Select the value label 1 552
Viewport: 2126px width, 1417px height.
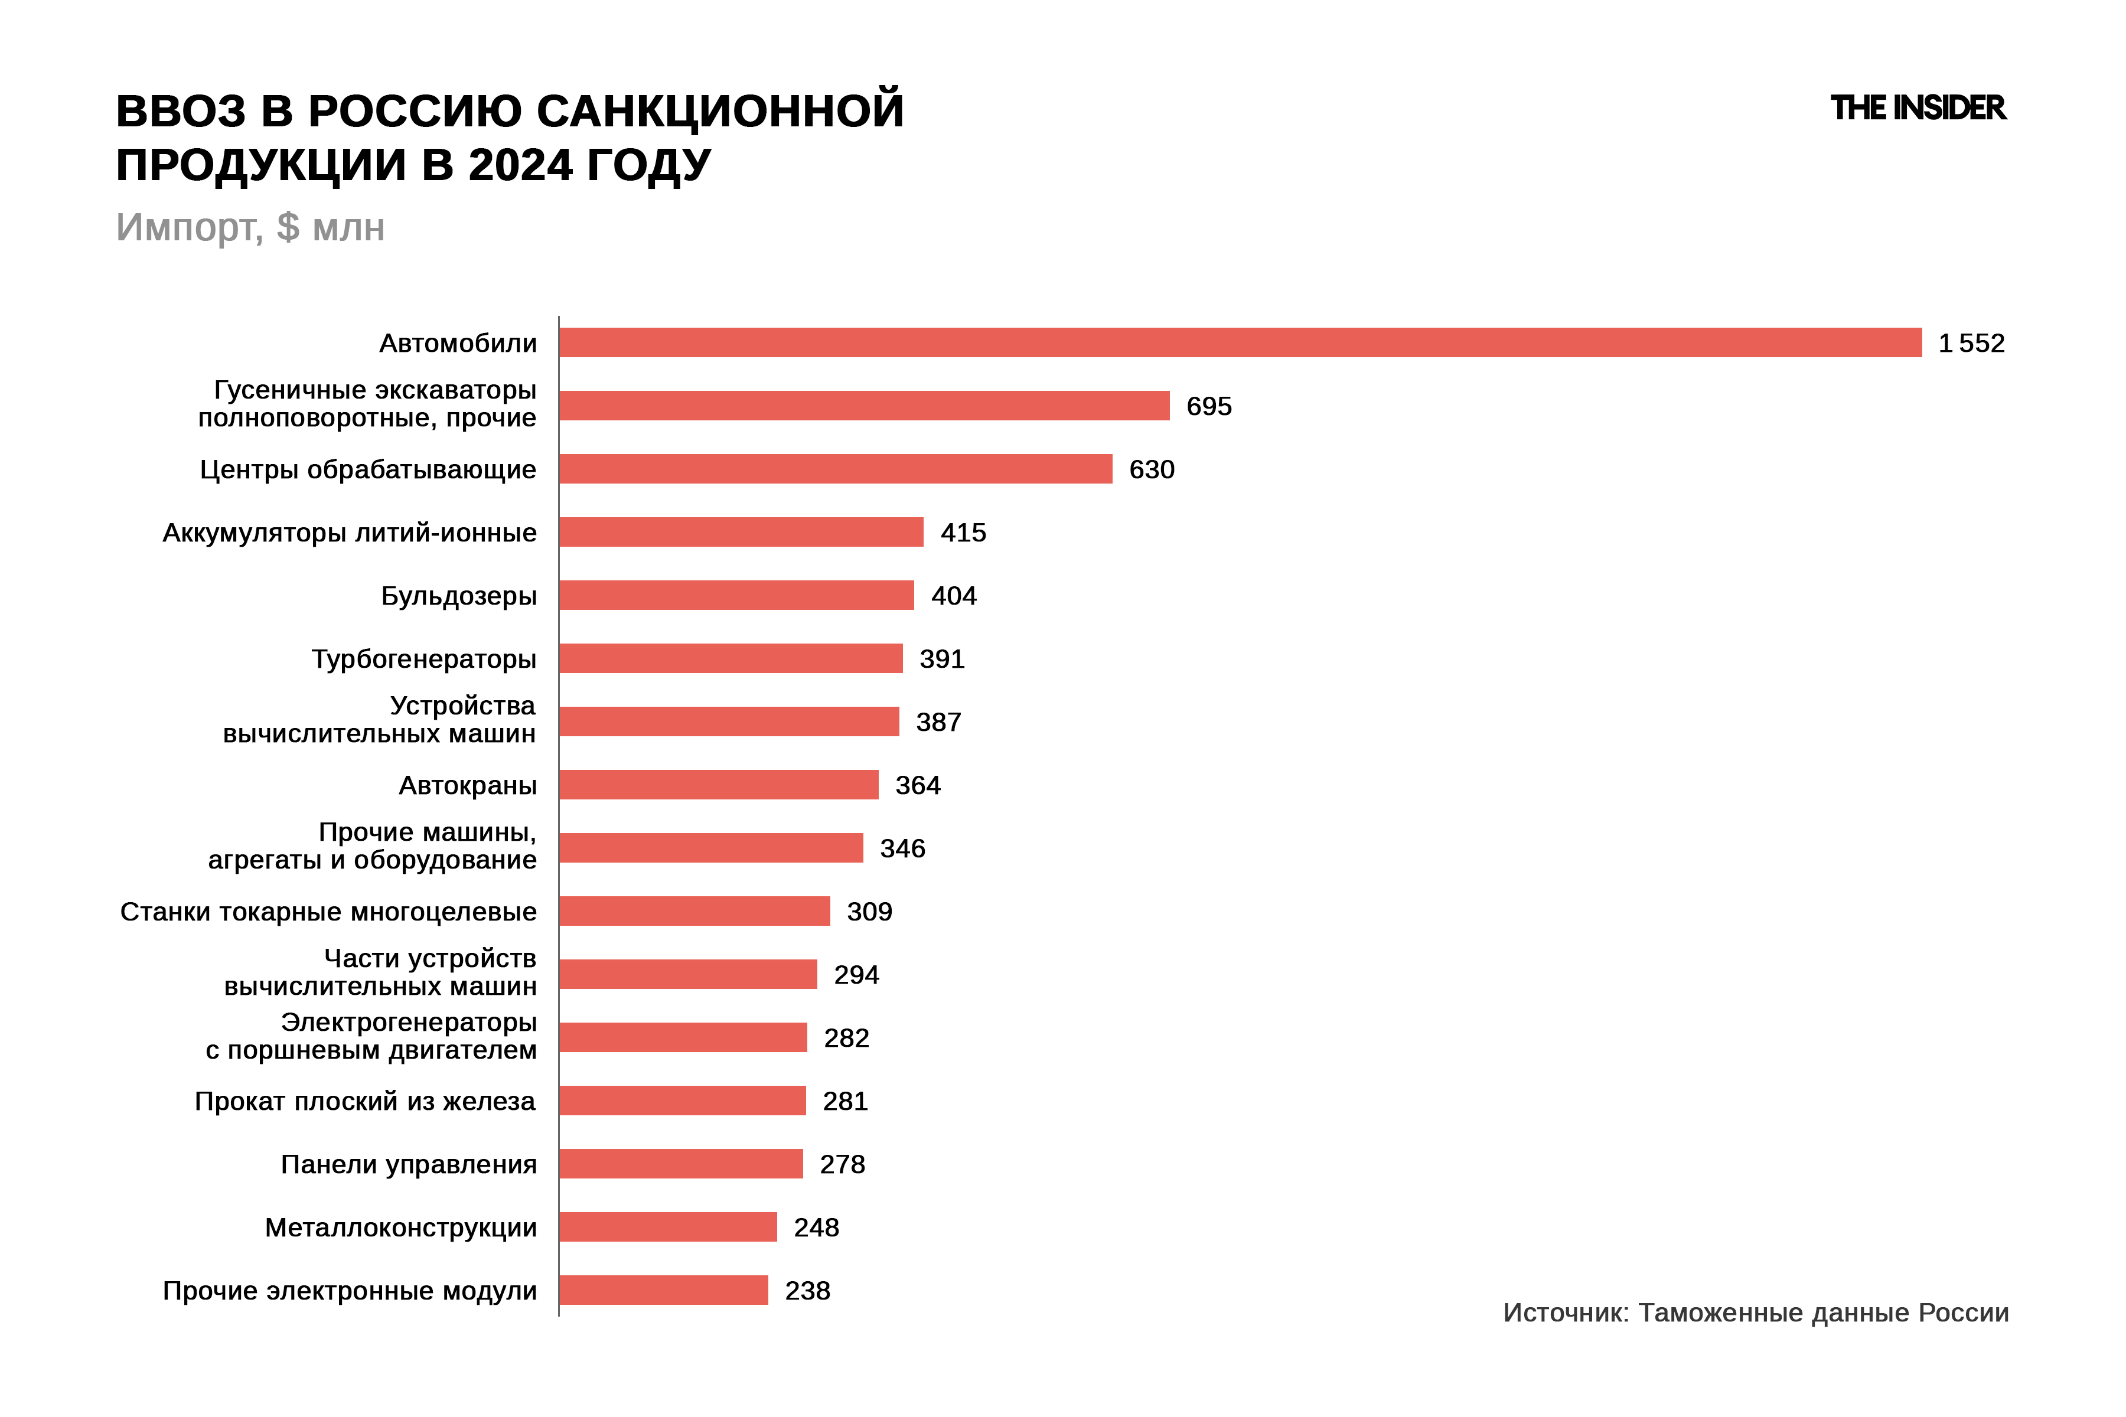pos(1971,344)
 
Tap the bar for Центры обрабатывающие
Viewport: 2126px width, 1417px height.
pos(835,469)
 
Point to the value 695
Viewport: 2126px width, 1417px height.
pos(1208,407)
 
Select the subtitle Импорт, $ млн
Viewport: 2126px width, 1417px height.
pos(250,228)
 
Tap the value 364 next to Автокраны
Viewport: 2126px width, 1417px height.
pos(918,785)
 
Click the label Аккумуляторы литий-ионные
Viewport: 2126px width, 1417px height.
pos(349,533)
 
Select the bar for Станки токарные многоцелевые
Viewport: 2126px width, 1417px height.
pos(694,911)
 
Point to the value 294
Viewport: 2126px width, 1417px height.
pos(856,975)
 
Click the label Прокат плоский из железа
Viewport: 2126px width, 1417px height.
pos(365,1102)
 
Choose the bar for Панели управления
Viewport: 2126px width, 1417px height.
pos(681,1164)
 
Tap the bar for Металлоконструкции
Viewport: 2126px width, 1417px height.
pos(668,1227)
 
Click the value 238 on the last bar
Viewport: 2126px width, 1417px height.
pos(807,1291)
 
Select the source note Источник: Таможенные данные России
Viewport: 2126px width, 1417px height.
pos(1755,1313)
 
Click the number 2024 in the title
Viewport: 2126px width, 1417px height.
pos(520,165)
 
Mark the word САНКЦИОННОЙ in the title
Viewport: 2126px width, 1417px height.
pos(720,111)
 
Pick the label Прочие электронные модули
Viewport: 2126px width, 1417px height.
pos(349,1291)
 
